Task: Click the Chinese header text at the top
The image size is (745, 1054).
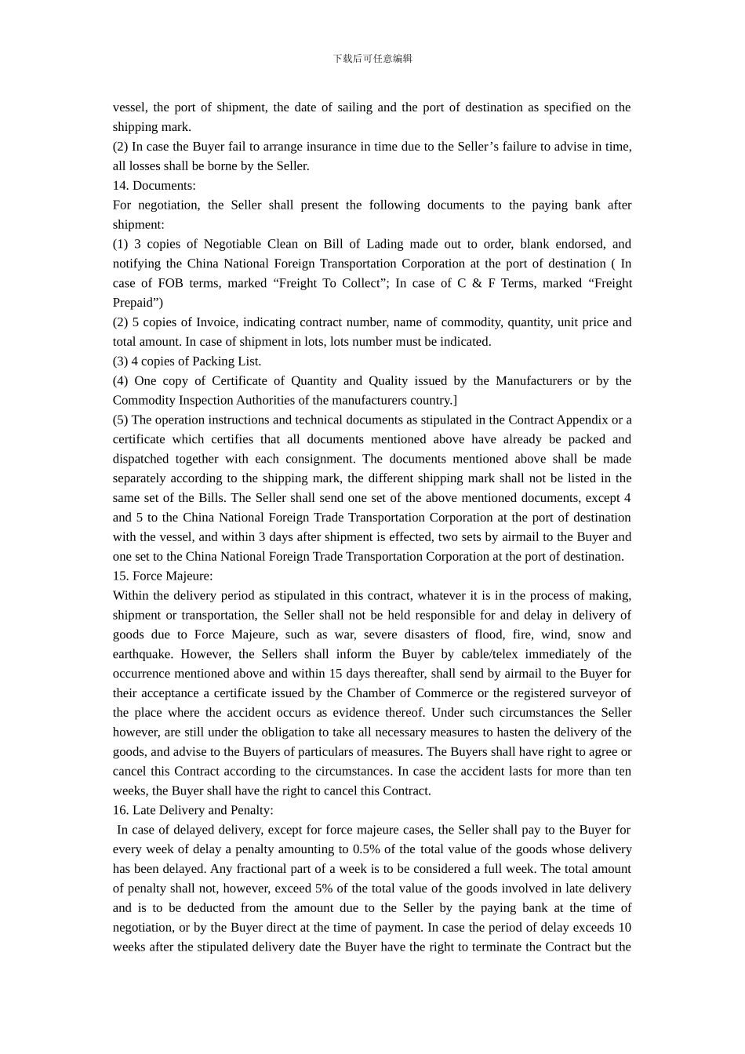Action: (372, 59)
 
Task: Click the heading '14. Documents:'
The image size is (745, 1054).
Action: (154, 186)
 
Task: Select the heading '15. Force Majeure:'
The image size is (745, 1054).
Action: (162, 576)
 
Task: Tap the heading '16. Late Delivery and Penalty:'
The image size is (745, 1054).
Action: (193, 810)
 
